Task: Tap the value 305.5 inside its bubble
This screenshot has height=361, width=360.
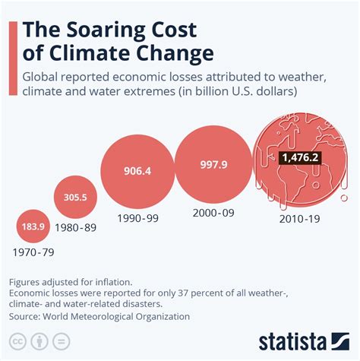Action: point(74,197)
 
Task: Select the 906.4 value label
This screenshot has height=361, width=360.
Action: point(137,171)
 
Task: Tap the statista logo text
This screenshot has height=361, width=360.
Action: point(304,340)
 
